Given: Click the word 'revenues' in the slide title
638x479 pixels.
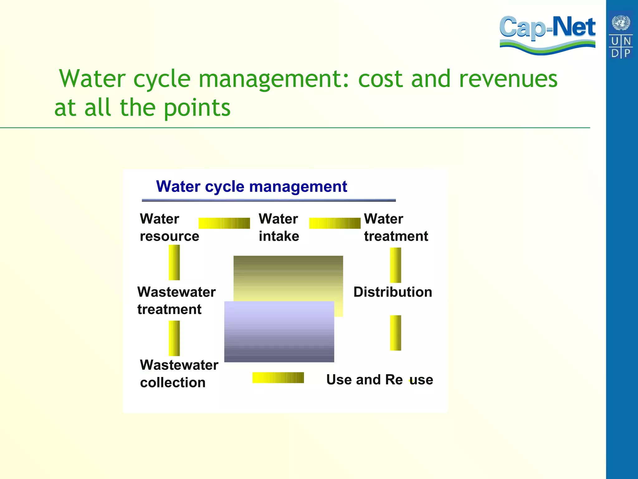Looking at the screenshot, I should pyautogui.click(x=508, y=79).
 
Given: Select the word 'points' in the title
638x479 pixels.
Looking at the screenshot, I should pyautogui.click(x=197, y=108).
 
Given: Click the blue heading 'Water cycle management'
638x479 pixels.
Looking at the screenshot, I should pyautogui.click(x=251, y=186).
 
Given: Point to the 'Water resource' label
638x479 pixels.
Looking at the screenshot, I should pyautogui.click(x=169, y=227).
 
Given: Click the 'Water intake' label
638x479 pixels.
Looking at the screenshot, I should pyautogui.click(x=279, y=227).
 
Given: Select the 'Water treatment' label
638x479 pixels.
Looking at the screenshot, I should pyautogui.click(x=396, y=227).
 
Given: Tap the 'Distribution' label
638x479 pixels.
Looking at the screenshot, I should pyautogui.click(x=393, y=292).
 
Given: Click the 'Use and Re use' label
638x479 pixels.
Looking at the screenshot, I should pyautogui.click(x=379, y=380).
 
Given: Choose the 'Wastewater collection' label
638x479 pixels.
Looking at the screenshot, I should pyautogui.click(x=179, y=374).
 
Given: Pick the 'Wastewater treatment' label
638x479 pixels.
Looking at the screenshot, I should pyautogui.click(x=176, y=301).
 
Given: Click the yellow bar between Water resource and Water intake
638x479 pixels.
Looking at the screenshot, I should pyautogui.click(x=224, y=223).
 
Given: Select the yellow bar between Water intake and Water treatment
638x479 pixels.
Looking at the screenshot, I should pyautogui.click(x=335, y=223).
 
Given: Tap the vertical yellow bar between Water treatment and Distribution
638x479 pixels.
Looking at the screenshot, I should pyautogui.click(x=395, y=265).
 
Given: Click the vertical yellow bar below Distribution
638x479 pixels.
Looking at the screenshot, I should pyautogui.click(x=395, y=333).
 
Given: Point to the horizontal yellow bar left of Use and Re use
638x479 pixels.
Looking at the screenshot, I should pyautogui.click(x=278, y=378).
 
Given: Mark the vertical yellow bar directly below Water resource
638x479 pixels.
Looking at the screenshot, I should pyautogui.click(x=174, y=262).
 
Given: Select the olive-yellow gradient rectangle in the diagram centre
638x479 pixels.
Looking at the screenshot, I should pyautogui.click(x=288, y=278).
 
